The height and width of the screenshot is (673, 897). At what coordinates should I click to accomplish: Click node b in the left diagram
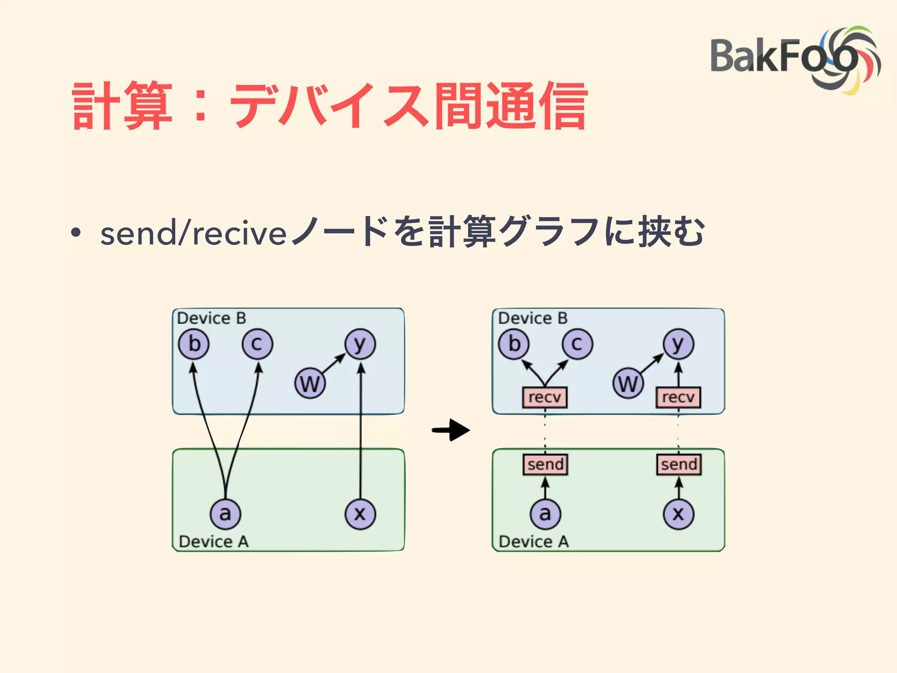pos(194,344)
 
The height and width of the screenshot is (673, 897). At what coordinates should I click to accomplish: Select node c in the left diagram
pos(257,344)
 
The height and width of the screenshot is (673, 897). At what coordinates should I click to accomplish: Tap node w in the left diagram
pos(310,383)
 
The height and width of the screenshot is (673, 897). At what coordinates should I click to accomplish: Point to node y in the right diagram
pos(678,344)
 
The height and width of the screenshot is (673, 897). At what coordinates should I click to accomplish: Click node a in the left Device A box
pos(225,514)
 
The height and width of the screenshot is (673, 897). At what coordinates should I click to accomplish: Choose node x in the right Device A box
pos(678,514)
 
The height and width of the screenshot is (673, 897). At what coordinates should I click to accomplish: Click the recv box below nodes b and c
pos(544,397)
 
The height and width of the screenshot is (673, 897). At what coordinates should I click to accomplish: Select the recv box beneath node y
pos(678,397)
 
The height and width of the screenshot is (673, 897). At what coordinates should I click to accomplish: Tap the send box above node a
pos(545,464)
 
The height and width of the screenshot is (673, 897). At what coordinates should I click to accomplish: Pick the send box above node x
pos(679,464)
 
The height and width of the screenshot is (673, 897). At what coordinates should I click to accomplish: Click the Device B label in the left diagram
pos(212,318)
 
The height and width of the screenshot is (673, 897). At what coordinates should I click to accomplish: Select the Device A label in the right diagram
pos(533,542)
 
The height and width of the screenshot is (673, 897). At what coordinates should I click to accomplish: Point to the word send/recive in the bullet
pos(193,233)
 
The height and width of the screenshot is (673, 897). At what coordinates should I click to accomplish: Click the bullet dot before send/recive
pos(76,233)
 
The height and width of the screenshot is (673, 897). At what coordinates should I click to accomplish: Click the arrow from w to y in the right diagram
pos(652,363)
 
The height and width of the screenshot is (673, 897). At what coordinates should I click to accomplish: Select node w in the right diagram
pos(628,383)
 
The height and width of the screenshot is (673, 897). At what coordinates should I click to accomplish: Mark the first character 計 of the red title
pos(95,106)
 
